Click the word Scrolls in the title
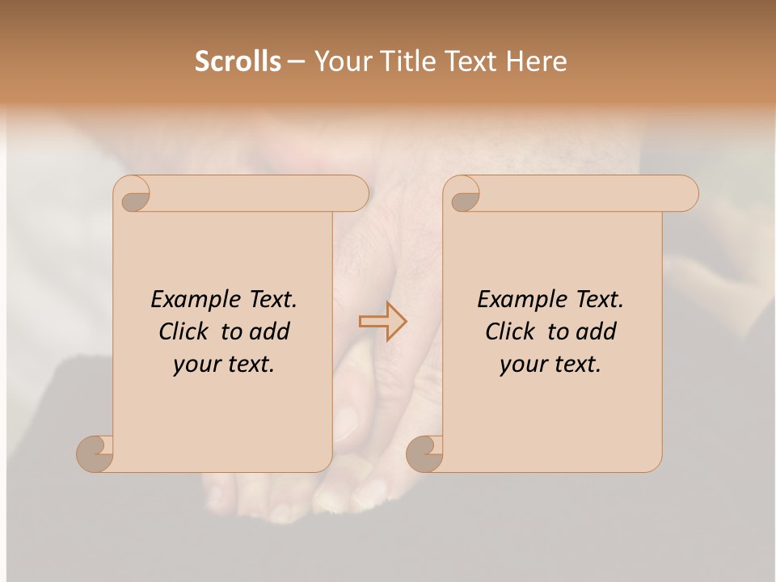point(238,61)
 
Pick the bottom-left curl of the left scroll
point(95,453)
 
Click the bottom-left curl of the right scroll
point(424,453)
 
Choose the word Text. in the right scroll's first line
point(599,300)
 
